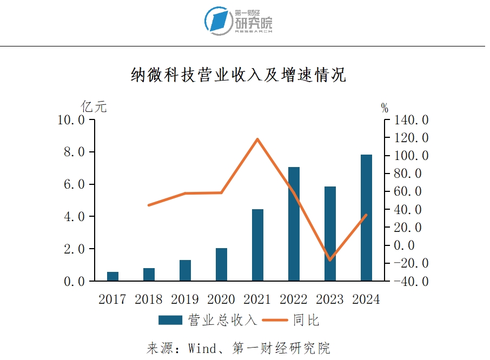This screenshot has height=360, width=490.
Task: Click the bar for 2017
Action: pos(112,276)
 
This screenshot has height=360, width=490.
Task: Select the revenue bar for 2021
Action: pos(257,245)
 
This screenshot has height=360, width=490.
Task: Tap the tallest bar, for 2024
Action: pos(366,217)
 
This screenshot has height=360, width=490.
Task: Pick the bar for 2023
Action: pos(330,234)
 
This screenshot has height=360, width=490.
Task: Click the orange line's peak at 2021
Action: pos(257,139)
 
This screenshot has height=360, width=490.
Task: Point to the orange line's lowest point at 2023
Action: pos(330,260)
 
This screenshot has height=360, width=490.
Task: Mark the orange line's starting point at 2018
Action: pos(149,205)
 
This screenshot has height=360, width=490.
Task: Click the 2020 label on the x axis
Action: pos(221,299)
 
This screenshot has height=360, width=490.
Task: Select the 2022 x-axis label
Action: pos(294,299)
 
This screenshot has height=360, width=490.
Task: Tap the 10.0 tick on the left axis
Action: pos(71,120)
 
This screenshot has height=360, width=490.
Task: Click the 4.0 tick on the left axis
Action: pos(71,217)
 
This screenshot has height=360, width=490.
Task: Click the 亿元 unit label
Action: pos(94,106)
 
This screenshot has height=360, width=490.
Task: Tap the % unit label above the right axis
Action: pos(385,108)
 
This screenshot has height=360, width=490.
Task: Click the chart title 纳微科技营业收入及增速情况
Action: pos(238,75)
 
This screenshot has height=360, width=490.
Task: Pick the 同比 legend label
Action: pos(306,320)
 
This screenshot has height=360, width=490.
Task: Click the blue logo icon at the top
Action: pos(219,21)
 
